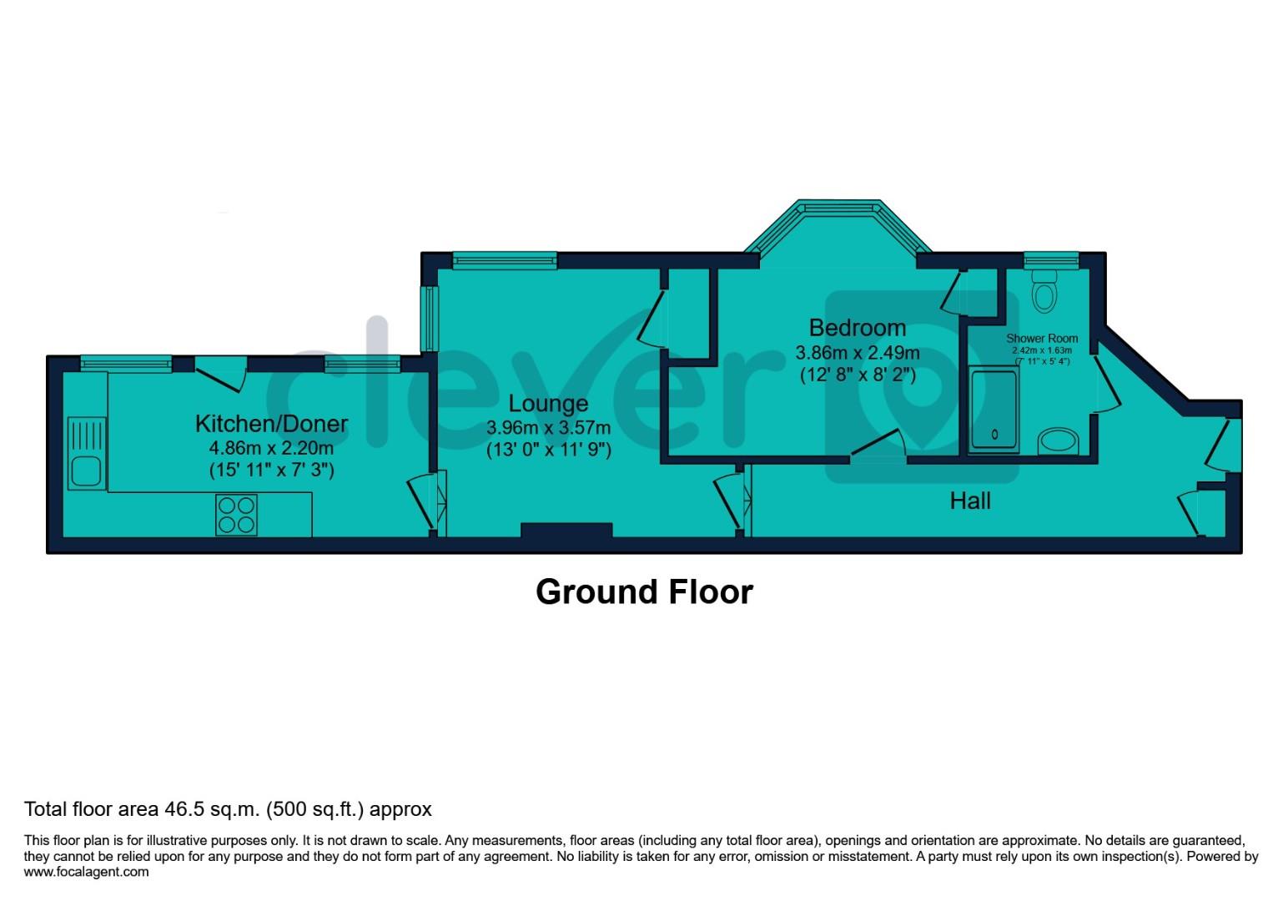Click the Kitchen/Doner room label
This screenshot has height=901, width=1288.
click(x=271, y=423)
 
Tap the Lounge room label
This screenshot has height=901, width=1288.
click(x=548, y=404)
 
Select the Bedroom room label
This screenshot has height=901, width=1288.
click(x=857, y=327)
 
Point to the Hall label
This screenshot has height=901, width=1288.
click(x=970, y=501)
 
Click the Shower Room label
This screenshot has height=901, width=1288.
click(x=1042, y=338)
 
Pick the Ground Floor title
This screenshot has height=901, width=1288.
click(x=644, y=591)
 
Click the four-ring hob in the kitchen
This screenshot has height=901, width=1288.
click(x=236, y=515)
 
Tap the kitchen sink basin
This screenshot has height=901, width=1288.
click(x=85, y=471)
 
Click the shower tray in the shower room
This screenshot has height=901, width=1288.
click(x=994, y=411)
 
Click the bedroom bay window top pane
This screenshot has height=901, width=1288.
click(x=838, y=206)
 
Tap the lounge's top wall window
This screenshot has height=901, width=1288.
click(x=505, y=260)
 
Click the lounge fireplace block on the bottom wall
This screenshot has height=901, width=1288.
click(x=566, y=530)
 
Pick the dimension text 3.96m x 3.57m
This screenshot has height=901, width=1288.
click(x=548, y=428)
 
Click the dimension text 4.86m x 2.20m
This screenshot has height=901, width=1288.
click(x=271, y=448)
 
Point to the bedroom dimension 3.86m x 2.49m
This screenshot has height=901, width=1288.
click(x=857, y=353)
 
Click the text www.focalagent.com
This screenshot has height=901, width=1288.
click(x=87, y=872)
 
